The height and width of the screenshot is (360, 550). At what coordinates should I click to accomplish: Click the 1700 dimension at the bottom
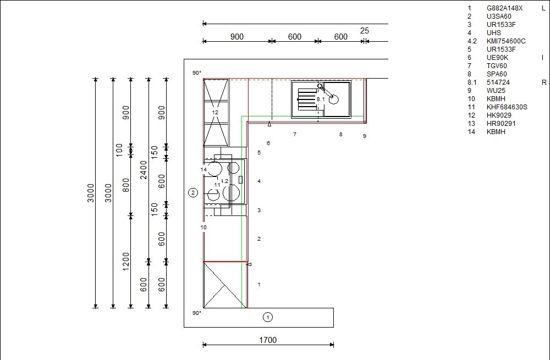click(x=268, y=340)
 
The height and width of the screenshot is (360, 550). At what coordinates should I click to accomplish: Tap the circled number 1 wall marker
click(x=268, y=318)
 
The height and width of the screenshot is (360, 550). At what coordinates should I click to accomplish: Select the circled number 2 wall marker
click(x=193, y=192)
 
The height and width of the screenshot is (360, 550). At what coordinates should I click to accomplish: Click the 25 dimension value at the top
click(x=365, y=31)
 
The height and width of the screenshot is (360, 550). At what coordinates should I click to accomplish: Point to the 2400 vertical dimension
click(x=144, y=170)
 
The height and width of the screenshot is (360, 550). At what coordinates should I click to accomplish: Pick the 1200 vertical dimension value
click(x=126, y=262)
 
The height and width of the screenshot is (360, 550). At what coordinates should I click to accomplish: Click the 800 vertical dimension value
click(x=126, y=185)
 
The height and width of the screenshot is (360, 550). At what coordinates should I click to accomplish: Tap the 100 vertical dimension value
click(x=119, y=150)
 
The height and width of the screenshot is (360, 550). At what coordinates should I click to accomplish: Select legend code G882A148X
click(x=504, y=8)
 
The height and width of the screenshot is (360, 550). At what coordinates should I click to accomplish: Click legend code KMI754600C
click(x=506, y=41)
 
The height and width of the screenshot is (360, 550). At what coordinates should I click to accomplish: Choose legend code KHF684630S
click(x=507, y=107)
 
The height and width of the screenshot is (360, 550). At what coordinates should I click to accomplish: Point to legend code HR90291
click(x=501, y=123)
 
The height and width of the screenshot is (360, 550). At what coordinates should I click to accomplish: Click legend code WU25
click(x=496, y=91)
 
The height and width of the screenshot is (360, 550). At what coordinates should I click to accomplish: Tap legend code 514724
click(x=498, y=82)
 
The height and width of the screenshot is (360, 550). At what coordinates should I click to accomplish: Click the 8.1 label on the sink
click(x=321, y=99)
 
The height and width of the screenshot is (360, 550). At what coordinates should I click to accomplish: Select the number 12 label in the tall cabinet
click(x=215, y=112)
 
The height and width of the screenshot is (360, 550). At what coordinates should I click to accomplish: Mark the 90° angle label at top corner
click(x=197, y=73)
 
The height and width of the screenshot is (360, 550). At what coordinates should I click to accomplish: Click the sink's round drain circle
click(x=334, y=99)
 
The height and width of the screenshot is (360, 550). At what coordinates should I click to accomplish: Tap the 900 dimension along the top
click(x=237, y=37)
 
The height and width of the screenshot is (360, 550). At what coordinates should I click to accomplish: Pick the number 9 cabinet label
click(x=365, y=136)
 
